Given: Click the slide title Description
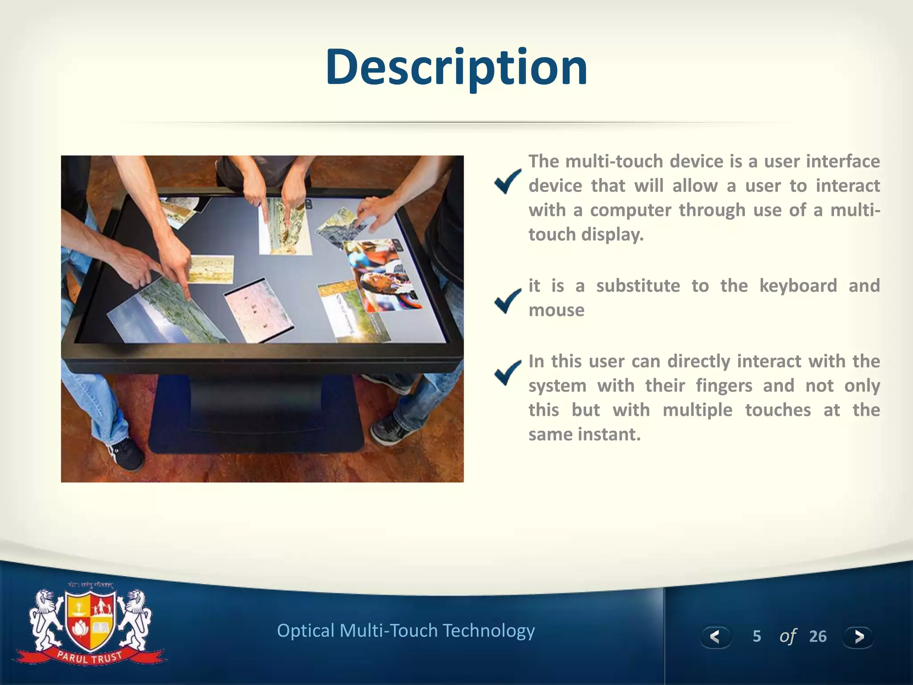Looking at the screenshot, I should click(x=456, y=68).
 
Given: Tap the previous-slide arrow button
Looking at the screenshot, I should click(x=715, y=636).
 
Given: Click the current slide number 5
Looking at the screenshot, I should click(x=757, y=636).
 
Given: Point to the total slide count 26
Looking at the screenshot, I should click(x=818, y=636).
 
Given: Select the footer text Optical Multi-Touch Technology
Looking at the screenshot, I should click(x=406, y=631).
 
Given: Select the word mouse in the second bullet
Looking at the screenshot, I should click(x=556, y=310).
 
